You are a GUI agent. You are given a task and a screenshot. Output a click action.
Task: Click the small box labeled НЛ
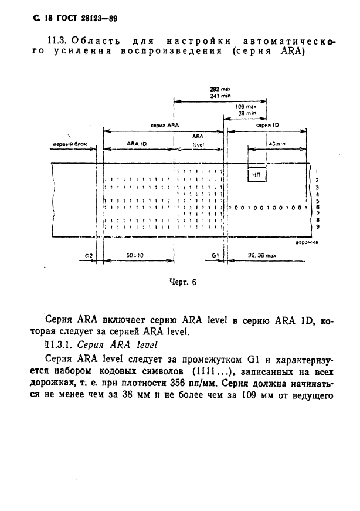(x=256, y=174)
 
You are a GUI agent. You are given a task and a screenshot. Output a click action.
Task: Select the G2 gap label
(x=89, y=256)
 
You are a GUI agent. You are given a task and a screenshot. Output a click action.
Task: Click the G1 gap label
(x=216, y=256)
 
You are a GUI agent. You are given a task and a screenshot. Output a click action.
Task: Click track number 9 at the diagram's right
(x=317, y=226)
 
